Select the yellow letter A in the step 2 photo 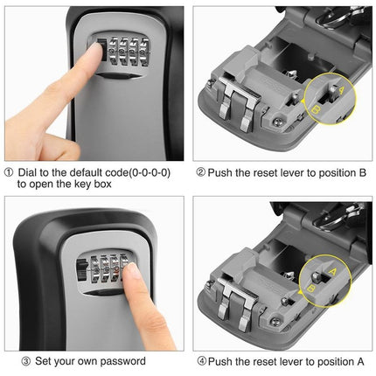341,89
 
